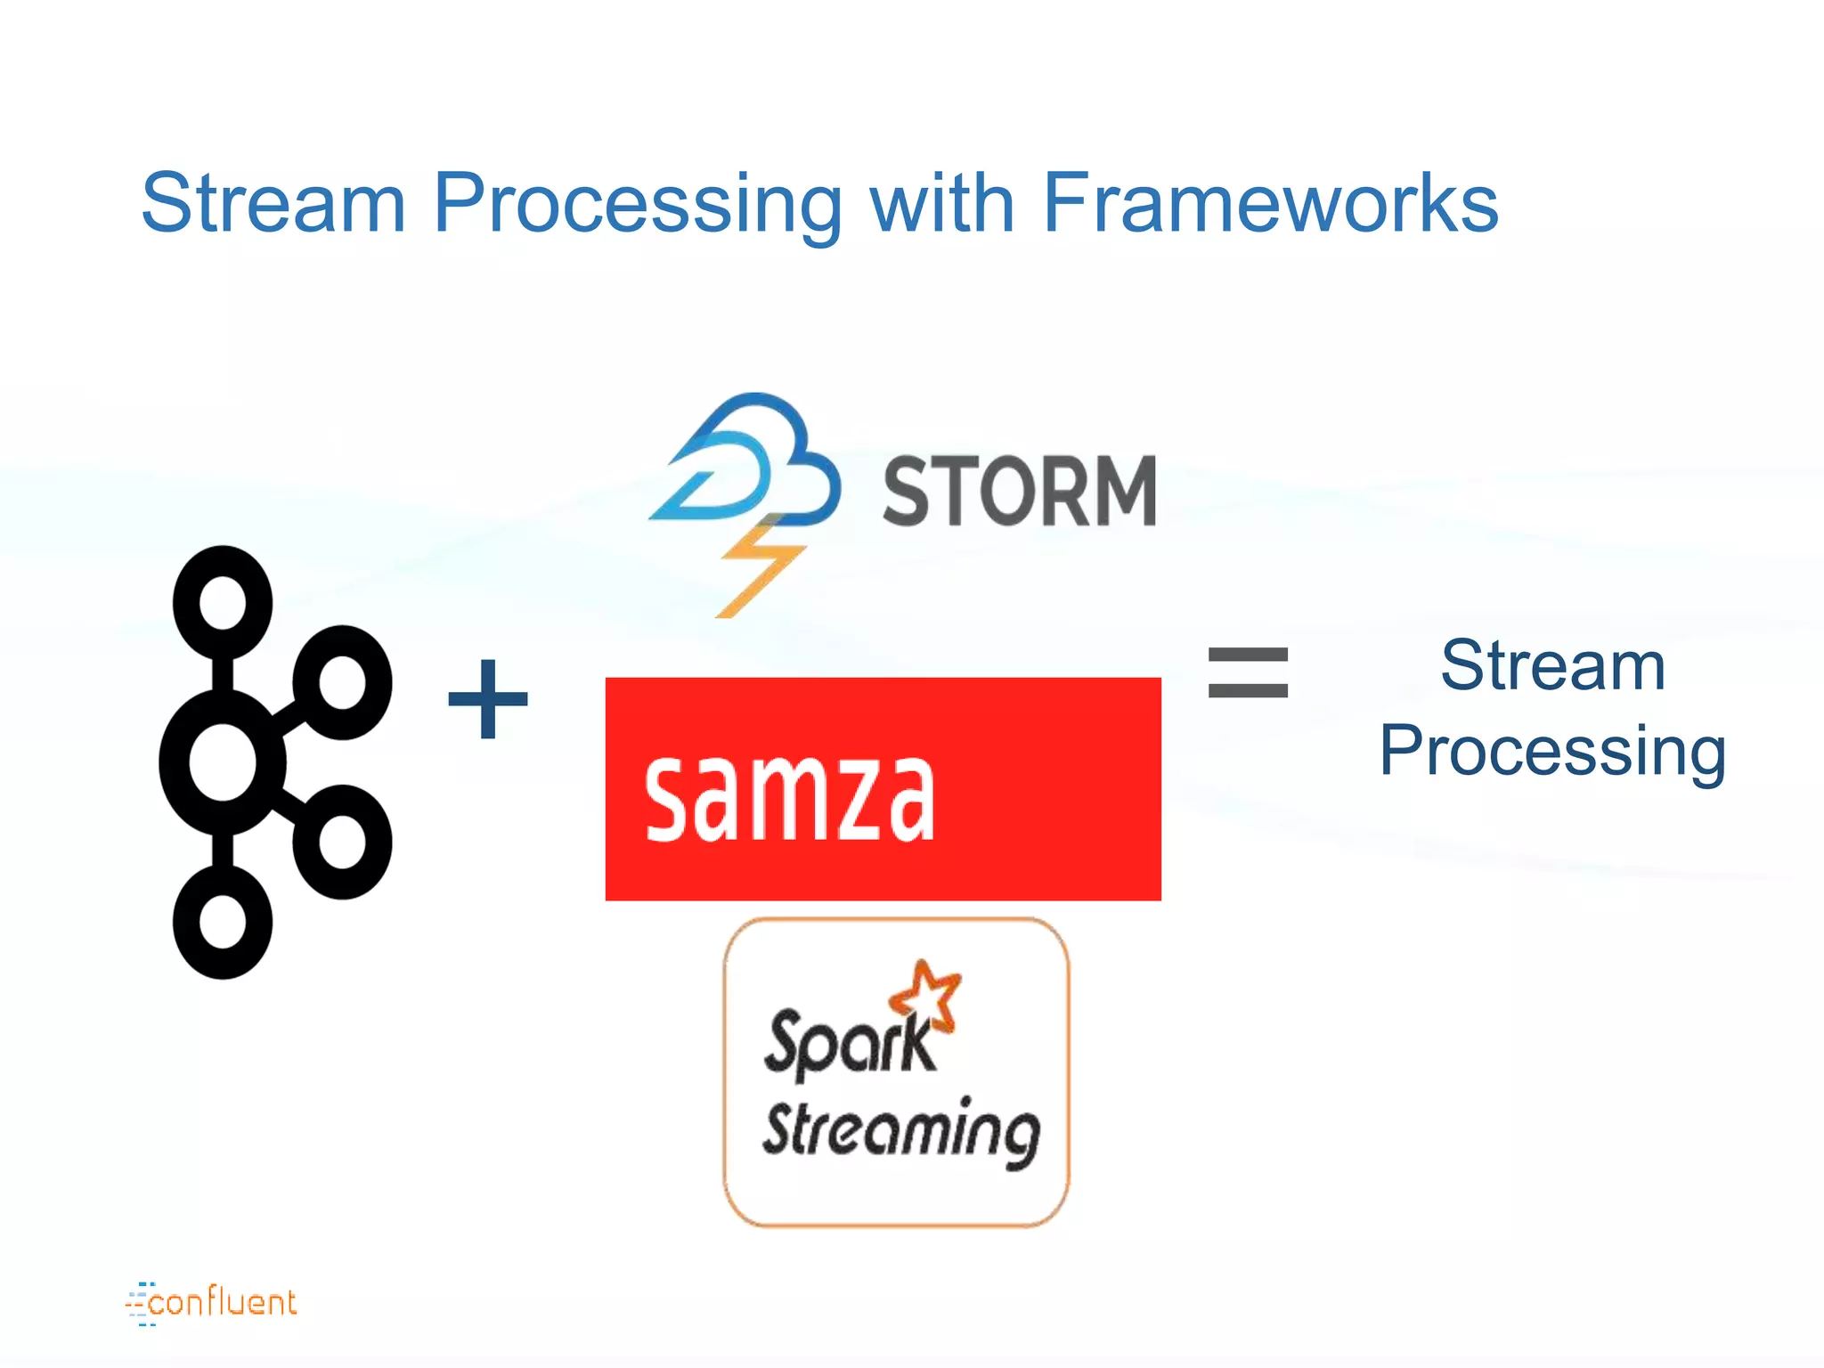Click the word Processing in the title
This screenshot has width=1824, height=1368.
637,205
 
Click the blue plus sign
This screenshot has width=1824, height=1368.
488,699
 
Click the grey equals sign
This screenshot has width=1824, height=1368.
1248,672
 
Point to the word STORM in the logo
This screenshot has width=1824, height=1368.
1019,491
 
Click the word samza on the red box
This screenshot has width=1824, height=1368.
789,795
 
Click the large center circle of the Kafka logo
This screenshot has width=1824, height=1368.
223,762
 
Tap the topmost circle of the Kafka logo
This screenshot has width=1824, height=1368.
223,602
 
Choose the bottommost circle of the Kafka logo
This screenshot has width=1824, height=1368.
223,923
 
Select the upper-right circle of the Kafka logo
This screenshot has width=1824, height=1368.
343,682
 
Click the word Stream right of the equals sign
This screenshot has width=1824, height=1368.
1552,665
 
